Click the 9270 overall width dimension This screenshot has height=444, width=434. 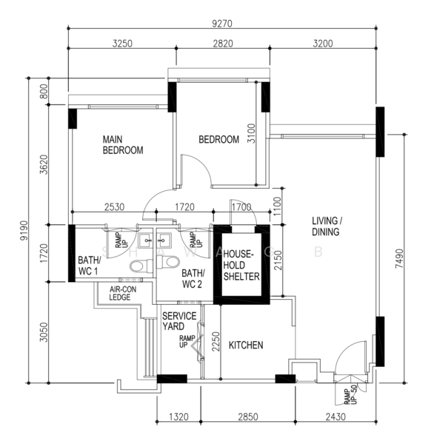click(222, 24)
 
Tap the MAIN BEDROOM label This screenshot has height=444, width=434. click(123, 145)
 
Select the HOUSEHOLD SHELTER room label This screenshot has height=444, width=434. click(241, 266)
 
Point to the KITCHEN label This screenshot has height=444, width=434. click(246, 345)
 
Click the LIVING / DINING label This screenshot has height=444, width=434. click(327, 226)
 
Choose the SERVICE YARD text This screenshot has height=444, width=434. click(179, 321)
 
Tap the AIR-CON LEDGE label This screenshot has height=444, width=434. click(123, 293)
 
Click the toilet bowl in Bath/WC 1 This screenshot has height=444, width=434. click(141, 266)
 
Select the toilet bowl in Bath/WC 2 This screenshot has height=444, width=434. click(168, 262)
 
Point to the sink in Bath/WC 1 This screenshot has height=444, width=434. click(146, 240)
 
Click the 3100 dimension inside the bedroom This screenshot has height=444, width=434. click(251, 133)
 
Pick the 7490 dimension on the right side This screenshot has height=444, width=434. click(399, 258)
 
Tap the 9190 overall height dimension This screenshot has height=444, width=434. click(24, 230)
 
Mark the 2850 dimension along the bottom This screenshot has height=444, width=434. click(248, 417)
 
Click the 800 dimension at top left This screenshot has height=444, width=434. click(44, 92)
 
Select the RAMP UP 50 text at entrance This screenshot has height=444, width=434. click(350, 394)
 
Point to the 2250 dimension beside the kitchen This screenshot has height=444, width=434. click(216, 341)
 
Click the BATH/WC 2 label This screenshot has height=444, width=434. click(193, 279)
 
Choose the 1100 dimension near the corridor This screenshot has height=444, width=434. click(277, 206)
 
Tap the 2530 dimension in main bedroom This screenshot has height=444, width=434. click(114, 207)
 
